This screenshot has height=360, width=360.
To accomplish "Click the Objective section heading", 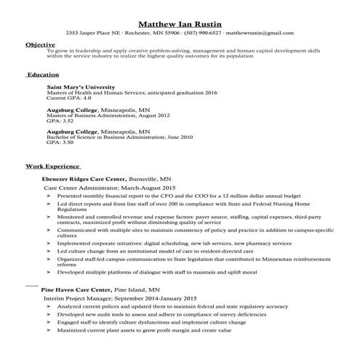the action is [40, 45].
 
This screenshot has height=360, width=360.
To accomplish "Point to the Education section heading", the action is [43, 75].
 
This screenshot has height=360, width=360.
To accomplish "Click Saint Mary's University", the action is [81, 87].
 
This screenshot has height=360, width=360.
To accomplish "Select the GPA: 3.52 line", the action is [60, 121].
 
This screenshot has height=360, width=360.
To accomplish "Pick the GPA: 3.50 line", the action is [60, 143].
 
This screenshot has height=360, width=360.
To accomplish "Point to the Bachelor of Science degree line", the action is [110, 137].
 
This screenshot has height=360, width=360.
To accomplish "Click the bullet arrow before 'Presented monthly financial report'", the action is [48, 196].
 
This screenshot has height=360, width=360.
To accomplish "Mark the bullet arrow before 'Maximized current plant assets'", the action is [48, 331].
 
